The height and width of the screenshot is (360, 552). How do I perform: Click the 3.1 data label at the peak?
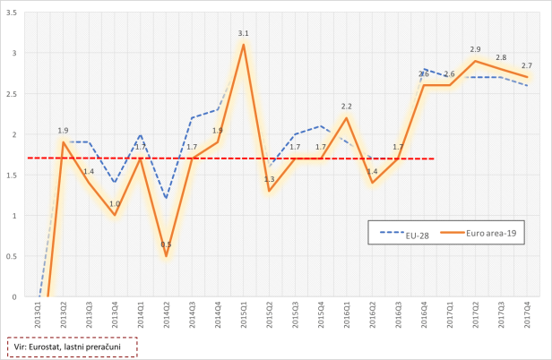243,33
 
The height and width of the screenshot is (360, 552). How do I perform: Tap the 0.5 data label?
166,244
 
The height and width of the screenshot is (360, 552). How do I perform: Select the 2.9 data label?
475,49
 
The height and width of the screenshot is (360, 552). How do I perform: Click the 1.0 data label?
115,204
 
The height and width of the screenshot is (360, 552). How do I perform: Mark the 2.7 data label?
526,65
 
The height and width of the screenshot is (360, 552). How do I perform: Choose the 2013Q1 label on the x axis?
37,319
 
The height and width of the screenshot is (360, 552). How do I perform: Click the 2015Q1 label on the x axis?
243,319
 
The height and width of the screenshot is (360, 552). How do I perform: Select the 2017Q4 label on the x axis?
527,319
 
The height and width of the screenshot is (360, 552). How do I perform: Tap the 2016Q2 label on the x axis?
372,319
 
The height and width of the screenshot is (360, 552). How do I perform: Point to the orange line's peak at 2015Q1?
243,45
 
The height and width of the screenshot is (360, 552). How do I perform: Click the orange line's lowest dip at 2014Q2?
166,256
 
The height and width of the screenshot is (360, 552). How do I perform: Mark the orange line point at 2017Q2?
475,61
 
